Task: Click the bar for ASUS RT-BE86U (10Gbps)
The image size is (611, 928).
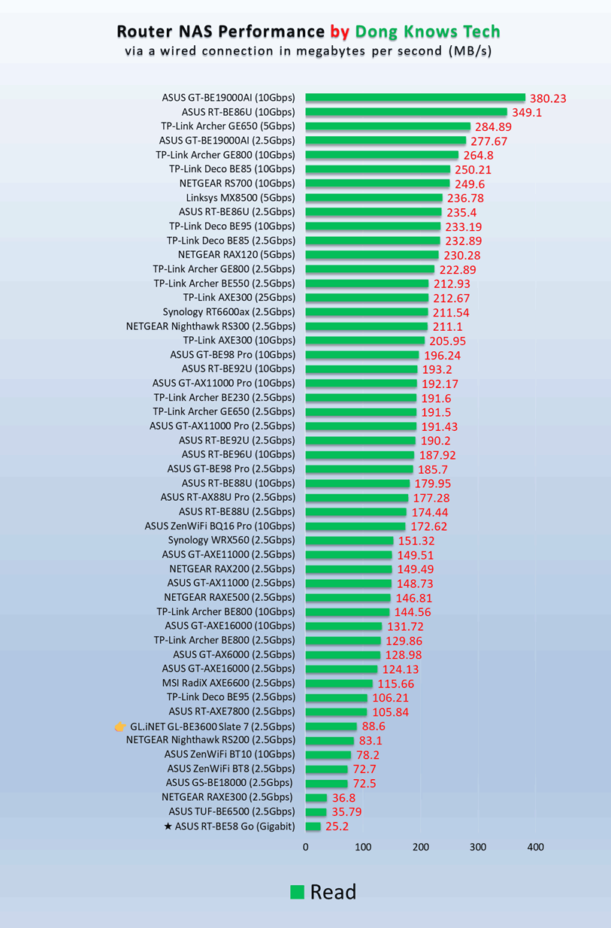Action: pos(406,112)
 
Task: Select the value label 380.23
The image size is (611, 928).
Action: pos(548,98)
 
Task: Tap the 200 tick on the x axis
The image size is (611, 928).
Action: pos(420,847)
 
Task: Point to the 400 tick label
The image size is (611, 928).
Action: pos(535,847)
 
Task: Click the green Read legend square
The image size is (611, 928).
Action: pos(298,892)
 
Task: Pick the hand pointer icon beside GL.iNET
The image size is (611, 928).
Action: pos(119,726)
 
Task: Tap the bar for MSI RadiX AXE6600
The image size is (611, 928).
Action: pos(339,684)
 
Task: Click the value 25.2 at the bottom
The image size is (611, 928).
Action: pos(338,827)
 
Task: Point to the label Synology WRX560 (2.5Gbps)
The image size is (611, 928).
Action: pos(231,540)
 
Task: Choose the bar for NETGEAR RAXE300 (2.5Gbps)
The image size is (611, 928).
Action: pos(316,798)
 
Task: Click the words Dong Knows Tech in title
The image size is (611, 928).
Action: pos(427,32)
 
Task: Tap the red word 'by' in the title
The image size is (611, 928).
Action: pos(339,32)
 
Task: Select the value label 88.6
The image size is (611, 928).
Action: pos(374,726)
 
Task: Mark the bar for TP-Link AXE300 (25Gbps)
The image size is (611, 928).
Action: pos(367,298)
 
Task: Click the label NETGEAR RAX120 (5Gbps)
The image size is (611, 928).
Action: pos(237,255)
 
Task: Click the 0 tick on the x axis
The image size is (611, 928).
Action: pos(305,847)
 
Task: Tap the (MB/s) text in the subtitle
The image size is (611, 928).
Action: pos(470,52)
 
